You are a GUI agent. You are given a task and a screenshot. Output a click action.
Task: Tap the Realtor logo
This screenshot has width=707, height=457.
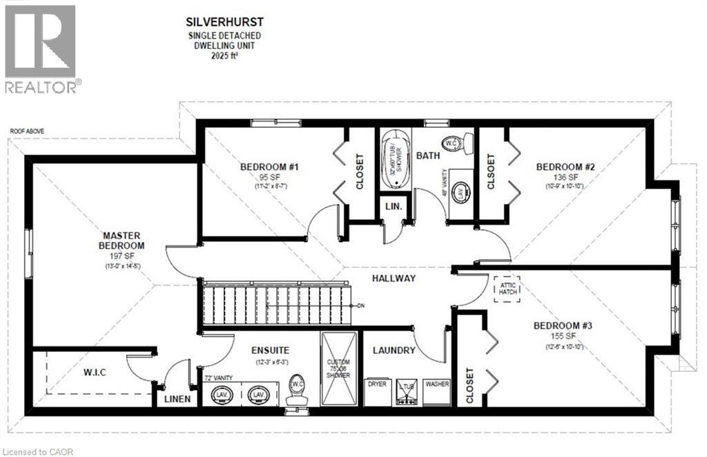pos(41,48)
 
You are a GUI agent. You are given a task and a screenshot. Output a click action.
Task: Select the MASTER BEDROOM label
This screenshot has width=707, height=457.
pos(121,240)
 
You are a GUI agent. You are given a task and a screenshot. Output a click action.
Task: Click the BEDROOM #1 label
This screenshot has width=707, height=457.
pos(269,167)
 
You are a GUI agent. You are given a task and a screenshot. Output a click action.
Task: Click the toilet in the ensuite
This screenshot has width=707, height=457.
pos(298,391)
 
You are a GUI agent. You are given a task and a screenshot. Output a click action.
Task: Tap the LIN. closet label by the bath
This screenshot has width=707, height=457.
pos(394,207)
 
